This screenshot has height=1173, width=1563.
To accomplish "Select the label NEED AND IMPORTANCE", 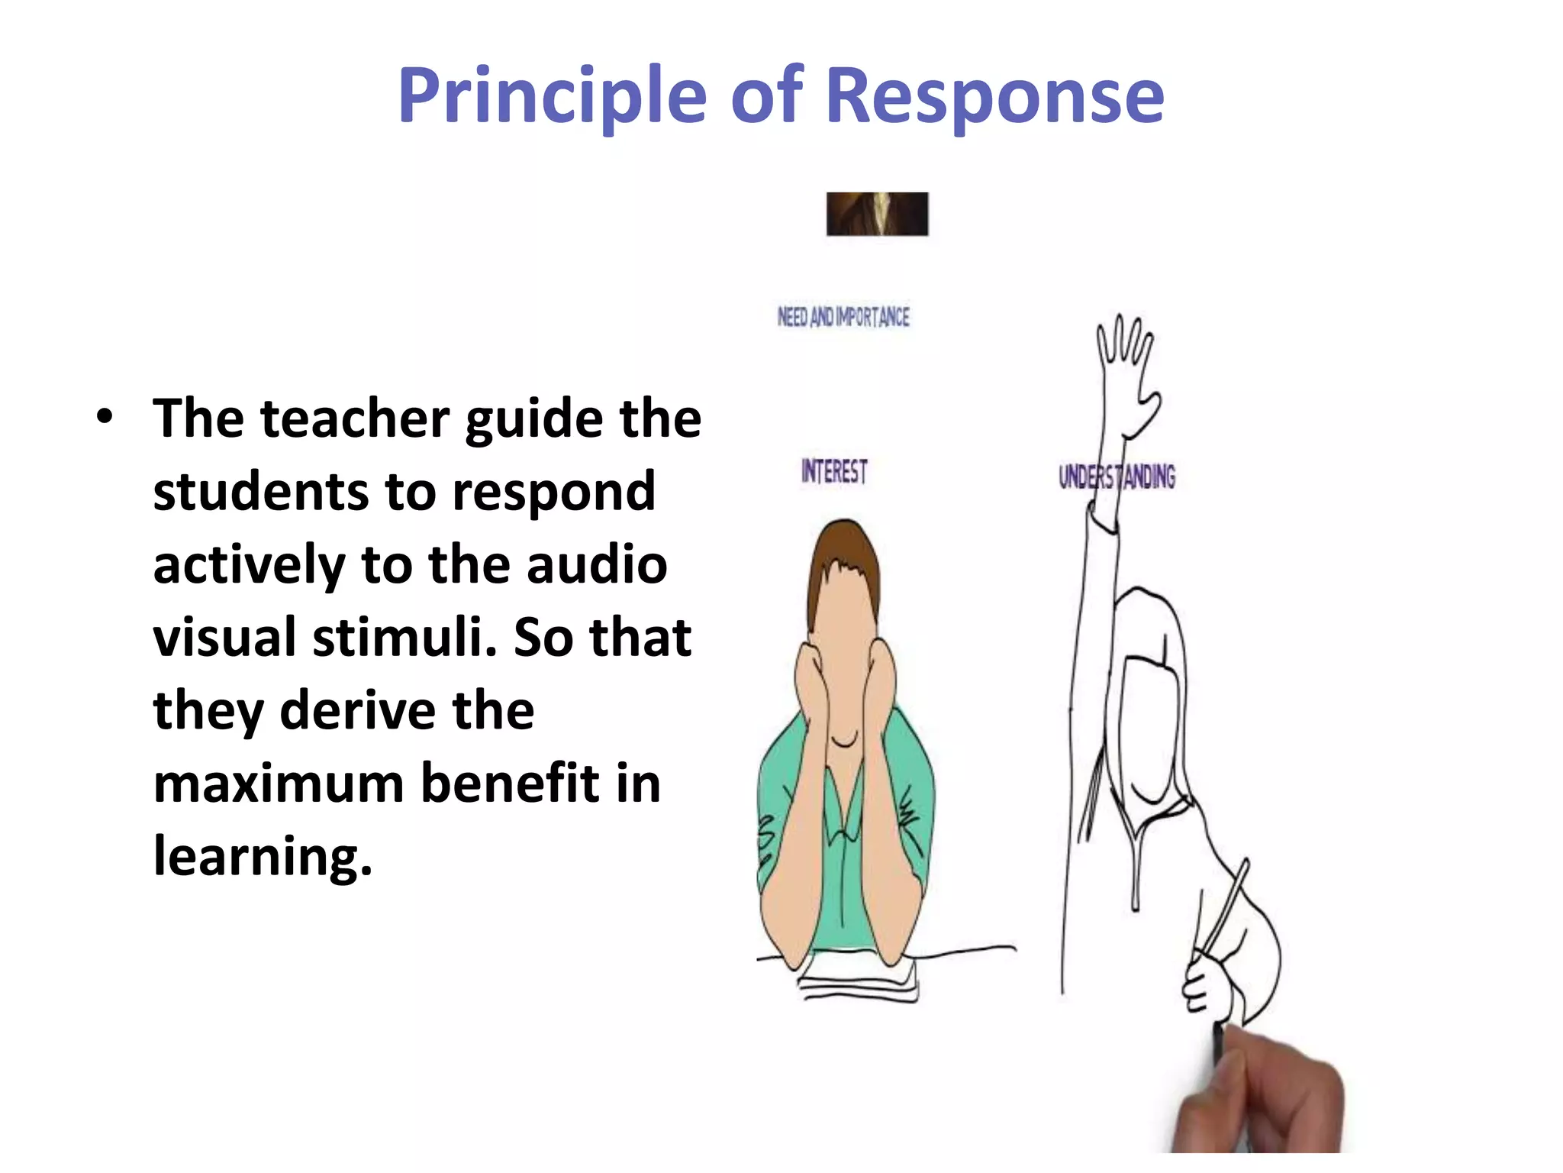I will coord(843,317).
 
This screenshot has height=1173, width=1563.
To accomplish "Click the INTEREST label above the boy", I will coord(834,471).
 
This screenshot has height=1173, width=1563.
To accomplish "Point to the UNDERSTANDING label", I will coord(1117,477).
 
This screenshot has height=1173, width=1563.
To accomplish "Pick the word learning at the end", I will coord(263,857).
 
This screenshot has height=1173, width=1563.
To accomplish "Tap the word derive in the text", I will coord(357,710).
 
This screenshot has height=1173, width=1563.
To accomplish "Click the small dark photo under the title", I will coord(877,214).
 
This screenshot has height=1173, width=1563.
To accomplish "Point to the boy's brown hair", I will coord(843,557).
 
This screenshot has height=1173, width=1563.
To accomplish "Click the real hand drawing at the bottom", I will coord(1267,1100).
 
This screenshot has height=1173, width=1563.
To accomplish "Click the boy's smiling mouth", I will coord(844,741).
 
